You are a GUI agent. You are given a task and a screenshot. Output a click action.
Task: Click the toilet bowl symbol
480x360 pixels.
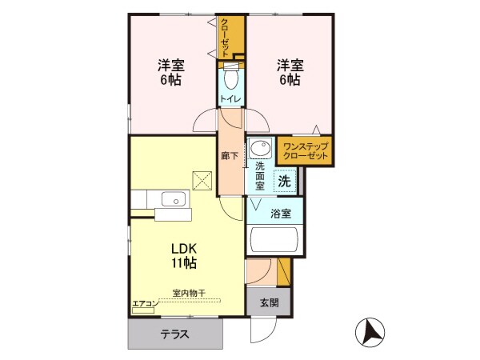tap(230, 78)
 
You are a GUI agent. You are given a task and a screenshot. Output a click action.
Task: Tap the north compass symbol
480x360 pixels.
tap(369, 330)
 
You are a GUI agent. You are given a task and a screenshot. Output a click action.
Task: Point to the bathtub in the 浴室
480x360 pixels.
tap(274, 240)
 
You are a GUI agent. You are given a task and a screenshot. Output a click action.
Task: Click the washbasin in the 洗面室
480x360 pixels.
tap(258, 149)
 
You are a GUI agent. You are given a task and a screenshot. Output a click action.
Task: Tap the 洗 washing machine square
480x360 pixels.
tap(284, 181)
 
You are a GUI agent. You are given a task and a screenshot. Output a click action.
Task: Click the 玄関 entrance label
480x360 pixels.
tap(270, 302)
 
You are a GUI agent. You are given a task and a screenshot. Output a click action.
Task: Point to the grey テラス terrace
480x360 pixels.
tap(174, 334)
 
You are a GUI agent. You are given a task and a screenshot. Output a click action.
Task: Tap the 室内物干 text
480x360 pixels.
tap(188, 294)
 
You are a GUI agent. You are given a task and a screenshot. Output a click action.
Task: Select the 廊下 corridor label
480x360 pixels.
tap(229, 155)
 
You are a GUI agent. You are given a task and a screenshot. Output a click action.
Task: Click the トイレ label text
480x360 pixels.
tap(230, 100)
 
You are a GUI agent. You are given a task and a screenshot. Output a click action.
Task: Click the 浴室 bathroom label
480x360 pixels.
tap(281, 214)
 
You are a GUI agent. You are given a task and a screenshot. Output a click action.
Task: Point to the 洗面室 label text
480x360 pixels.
tap(260, 176)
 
